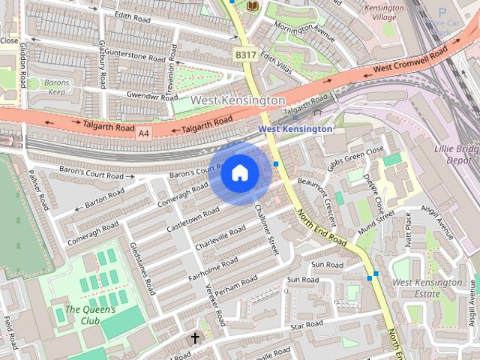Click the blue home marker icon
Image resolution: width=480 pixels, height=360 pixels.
pyautogui.click(x=239, y=173)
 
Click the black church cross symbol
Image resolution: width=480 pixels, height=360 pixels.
pyautogui.click(x=195, y=338)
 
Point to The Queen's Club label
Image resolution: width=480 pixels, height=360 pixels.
pyautogui.click(x=90, y=315)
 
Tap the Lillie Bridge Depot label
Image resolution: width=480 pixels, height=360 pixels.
pyautogui.click(x=456, y=154)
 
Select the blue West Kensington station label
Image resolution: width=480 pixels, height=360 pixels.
pyautogui.click(x=295, y=129)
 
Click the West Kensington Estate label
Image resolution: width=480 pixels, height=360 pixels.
pyautogui.click(x=427, y=288)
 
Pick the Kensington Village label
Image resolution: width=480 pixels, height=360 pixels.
pyautogui.click(x=384, y=12)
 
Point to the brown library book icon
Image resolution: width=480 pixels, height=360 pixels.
pyautogui.click(x=253, y=6)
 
